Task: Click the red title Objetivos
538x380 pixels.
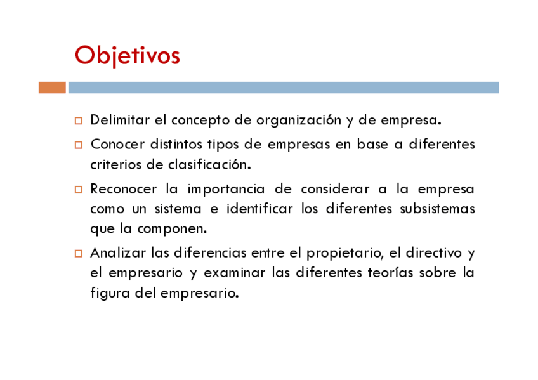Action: coord(128,56)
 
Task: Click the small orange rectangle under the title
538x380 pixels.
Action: coord(52,88)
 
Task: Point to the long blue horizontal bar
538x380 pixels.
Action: coord(284,88)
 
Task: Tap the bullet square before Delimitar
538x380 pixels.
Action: coord(79,121)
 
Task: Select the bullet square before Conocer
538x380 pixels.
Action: coord(79,145)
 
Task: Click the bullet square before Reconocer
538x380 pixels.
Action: coord(79,190)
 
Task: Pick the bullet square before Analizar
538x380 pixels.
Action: coord(79,254)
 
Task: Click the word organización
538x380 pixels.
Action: coord(299,121)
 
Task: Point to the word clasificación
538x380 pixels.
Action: coord(209,164)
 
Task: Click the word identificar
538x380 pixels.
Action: coord(259,209)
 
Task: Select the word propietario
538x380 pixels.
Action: coord(345,254)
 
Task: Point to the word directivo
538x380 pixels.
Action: coord(434,253)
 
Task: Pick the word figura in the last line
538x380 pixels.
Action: coord(110,294)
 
